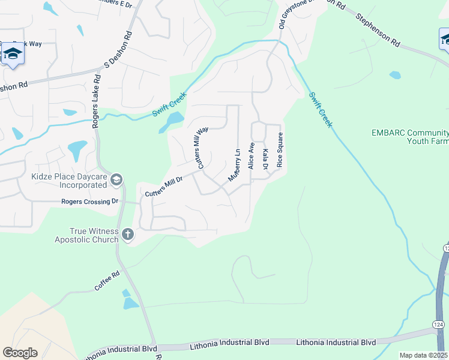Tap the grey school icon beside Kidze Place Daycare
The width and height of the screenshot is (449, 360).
[x=117, y=179]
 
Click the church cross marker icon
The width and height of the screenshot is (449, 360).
[x=127, y=235]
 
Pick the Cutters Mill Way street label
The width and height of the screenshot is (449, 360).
[x=202, y=148]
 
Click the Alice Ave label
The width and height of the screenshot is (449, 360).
[x=252, y=155]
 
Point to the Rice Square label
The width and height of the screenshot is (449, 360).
[x=279, y=150]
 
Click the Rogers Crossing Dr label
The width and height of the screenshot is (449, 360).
[x=90, y=202]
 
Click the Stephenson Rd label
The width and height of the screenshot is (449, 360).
[x=378, y=31]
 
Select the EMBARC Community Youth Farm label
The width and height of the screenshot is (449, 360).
[x=410, y=137]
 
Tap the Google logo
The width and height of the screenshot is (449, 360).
[x=20, y=352]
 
